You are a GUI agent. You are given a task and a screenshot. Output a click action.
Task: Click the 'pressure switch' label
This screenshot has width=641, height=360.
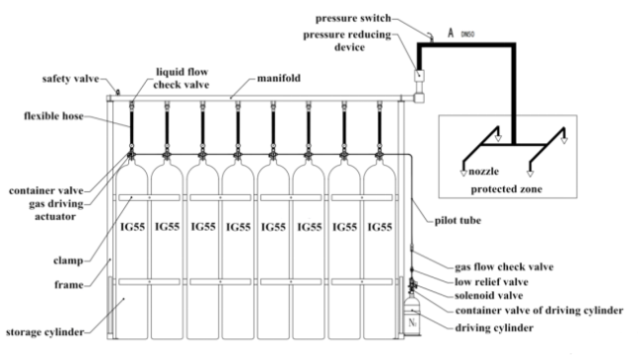pos(353,19)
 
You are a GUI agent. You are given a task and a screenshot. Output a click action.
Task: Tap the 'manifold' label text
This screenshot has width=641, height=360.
pos(279,78)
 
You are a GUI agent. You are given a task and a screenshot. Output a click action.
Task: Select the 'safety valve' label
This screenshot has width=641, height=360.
pos(71,79)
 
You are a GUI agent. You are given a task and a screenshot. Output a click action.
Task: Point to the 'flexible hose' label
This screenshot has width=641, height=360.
pos(53,115)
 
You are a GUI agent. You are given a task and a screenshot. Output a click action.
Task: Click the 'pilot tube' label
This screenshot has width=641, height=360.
pos(458,221)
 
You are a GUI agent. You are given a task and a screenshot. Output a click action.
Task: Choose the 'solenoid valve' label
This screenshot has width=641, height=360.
pos(488,295)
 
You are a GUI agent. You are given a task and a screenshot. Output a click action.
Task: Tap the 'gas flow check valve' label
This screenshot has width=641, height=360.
pos(504,266)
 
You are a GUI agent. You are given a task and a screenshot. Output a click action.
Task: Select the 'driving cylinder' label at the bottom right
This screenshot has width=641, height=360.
pos(494,327)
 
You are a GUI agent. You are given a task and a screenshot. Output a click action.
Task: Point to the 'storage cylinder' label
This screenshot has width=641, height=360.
pos(45,331)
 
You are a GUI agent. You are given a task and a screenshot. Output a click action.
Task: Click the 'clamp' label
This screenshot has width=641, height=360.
pos(68,260)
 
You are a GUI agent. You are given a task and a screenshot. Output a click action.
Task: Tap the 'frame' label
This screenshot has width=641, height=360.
pos(69,284)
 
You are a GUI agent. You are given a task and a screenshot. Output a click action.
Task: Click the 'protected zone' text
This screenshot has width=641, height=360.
pos(507,189)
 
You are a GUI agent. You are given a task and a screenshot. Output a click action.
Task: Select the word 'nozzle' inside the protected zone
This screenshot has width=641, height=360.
pos(483,171)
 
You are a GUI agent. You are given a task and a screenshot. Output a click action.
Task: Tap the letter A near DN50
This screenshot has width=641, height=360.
pos(451,33)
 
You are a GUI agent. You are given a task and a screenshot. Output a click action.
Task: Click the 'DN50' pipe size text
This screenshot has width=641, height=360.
pos(467,35)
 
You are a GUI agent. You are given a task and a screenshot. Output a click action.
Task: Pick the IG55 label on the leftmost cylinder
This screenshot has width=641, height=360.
pos(132,227)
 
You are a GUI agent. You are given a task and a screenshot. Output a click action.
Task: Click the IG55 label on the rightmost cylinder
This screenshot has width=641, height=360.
pos(380,227)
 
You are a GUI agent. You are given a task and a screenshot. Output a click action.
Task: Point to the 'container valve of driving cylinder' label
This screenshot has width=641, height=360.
pos(539,311)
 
